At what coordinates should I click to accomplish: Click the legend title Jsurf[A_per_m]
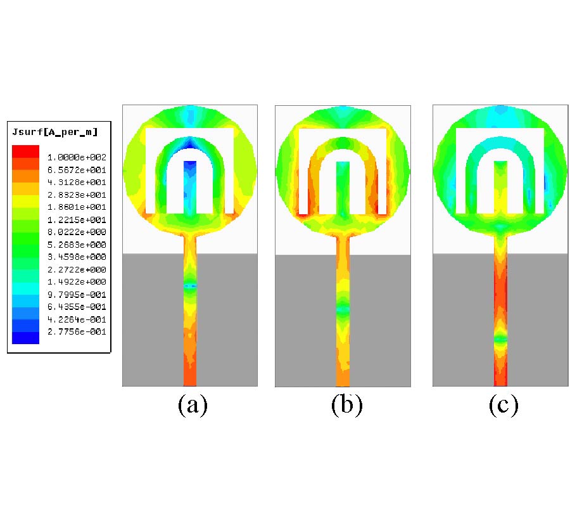tap(55, 132)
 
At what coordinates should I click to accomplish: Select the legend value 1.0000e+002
tap(77, 157)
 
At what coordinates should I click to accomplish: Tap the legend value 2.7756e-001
tap(77, 331)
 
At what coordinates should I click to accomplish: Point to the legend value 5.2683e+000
tap(77, 245)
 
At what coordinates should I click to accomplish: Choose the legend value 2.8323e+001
tap(77, 195)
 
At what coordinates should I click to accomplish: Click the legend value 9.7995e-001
tap(77, 294)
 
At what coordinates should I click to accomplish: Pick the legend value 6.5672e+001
tap(77, 170)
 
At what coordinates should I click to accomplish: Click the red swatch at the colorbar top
tap(25, 151)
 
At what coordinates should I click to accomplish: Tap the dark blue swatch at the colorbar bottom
tap(25, 338)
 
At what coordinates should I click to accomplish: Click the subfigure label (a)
tap(193, 405)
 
